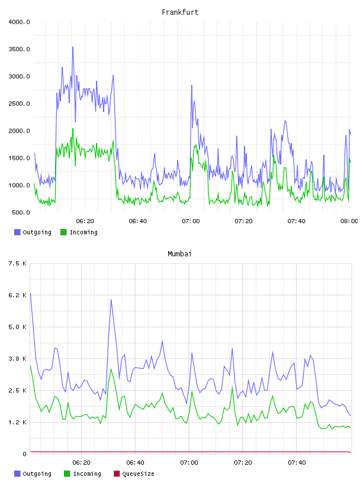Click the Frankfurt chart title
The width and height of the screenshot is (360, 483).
(x=180, y=12)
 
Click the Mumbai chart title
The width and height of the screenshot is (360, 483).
(x=179, y=254)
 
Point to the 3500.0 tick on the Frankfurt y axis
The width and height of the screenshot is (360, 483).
(x=19, y=49)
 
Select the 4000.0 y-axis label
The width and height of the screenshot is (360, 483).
(x=19, y=22)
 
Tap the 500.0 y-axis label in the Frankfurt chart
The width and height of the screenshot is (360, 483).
(x=21, y=212)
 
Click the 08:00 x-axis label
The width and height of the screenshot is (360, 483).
(x=349, y=221)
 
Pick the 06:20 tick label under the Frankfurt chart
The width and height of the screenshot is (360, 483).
(x=85, y=221)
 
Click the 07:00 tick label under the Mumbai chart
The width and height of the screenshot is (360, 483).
(x=189, y=463)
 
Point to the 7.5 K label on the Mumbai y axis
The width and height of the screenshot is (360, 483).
(x=17, y=263)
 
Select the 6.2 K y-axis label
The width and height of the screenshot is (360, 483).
(x=17, y=295)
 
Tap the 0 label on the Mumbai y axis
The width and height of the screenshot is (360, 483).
(x=24, y=454)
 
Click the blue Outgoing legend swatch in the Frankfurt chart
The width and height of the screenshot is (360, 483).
(x=17, y=232)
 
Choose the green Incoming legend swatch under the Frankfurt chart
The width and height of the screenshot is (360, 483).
(x=63, y=232)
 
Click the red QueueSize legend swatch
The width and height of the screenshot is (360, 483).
(x=117, y=474)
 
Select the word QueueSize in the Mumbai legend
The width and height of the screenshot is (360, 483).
(x=139, y=474)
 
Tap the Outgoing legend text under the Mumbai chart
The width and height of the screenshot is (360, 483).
(x=37, y=474)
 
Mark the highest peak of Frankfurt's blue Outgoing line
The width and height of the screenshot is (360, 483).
(x=73, y=47)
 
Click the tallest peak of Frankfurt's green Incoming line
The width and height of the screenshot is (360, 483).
(x=73, y=128)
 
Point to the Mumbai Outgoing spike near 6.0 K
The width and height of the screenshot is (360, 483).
(x=111, y=300)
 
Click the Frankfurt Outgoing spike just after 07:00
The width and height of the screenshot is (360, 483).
(x=192, y=85)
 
